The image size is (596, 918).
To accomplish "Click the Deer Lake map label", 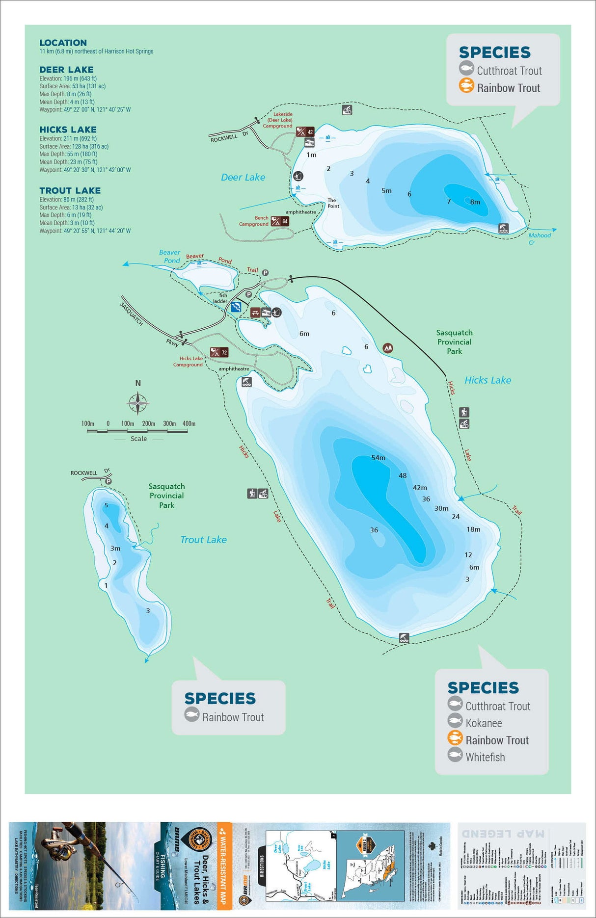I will pyautogui.click(x=243, y=178).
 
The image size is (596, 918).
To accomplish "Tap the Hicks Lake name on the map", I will pyautogui.click(x=488, y=380).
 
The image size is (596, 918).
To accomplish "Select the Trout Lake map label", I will pyautogui.click(x=203, y=540).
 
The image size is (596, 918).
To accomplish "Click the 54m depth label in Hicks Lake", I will pyautogui.click(x=378, y=458).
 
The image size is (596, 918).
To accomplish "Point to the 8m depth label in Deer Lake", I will pyautogui.click(x=475, y=202).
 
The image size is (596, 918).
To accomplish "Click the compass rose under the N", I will pyautogui.click(x=138, y=403).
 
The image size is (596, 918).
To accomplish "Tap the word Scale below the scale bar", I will pyautogui.click(x=138, y=439).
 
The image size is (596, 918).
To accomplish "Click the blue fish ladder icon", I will pyautogui.click(x=236, y=307).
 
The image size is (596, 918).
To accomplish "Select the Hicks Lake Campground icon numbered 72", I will pyautogui.click(x=219, y=352).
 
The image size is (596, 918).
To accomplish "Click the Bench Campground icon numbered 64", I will pyautogui.click(x=280, y=221).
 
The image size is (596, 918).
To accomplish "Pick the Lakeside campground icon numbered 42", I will pyautogui.click(x=305, y=131).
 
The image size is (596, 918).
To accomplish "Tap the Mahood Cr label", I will pyautogui.click(x=539, y=238).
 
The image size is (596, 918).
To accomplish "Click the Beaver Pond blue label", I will pyautogui.click(x=170, y=256).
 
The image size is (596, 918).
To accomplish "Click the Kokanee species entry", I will pyautogui.click(x=484, y=723).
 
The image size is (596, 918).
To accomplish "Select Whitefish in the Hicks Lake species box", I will pyautogui.click(x=485, y=757).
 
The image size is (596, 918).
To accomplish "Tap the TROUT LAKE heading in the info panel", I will pyautogui.click(x=70, y=190).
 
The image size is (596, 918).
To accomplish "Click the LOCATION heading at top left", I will pyautogui.click(x=63, y=43).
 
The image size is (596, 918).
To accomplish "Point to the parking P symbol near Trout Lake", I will pyautogui.click(x=108, y=481).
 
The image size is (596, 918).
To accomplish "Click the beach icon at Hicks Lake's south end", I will pyautogui.click(x=404, y=638).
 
